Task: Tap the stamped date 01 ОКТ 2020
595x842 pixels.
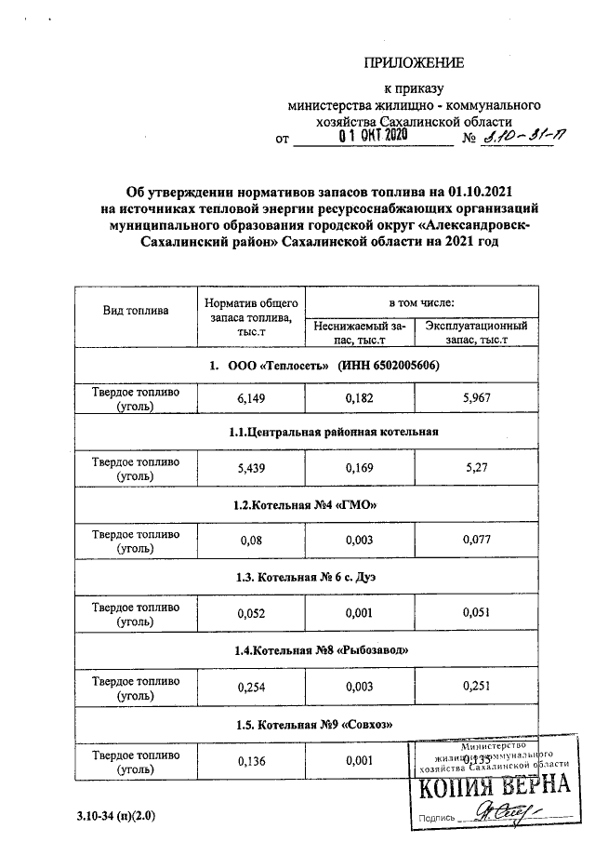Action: point(373,136)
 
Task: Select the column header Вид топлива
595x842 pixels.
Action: point(135,310)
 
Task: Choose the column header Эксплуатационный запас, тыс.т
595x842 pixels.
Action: point(476,333)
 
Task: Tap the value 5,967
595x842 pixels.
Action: point(476,399)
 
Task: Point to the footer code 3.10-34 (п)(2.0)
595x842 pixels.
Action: point(116,816)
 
